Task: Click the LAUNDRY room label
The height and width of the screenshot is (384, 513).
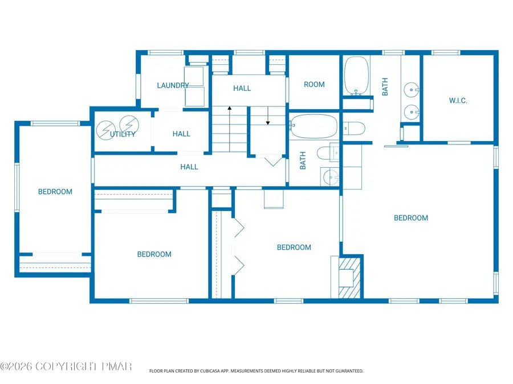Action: [173, 85]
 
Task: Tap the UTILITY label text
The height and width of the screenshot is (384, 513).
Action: [123, 134]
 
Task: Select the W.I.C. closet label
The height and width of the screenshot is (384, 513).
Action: [458, 101]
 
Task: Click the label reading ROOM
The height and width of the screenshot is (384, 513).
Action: [314, 84]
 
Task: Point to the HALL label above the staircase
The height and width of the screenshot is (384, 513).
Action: [242, 88]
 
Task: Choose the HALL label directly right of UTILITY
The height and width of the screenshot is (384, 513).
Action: [181, 134]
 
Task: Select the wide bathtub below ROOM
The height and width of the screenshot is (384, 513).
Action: [313, 126]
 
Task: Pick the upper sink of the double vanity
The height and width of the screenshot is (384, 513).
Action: [410, 89]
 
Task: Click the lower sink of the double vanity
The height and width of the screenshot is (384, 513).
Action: [410, 112]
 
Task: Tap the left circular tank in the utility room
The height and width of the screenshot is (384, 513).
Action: [104, 130]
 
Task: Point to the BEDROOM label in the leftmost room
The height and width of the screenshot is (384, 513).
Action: [55, 192]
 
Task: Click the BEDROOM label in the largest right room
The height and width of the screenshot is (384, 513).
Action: [411, 218]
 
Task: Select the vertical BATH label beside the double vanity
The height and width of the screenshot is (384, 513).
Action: [385, 86]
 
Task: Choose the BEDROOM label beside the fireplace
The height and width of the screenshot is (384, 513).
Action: [294, 247]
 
